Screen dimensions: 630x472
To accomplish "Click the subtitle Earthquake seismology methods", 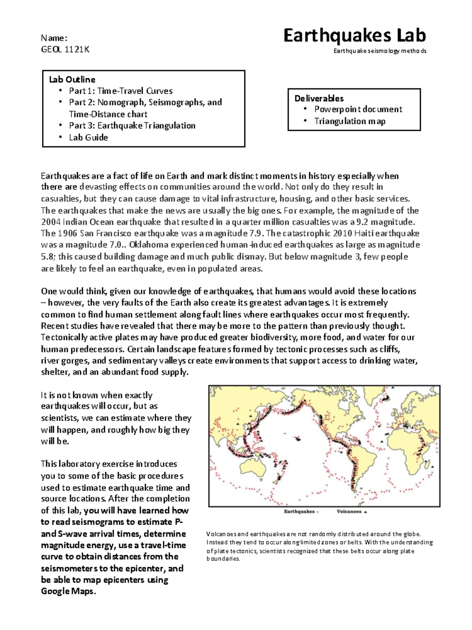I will (380, 51).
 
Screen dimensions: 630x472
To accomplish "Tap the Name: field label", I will (54, 38).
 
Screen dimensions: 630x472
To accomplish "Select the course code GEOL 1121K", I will (65, 49).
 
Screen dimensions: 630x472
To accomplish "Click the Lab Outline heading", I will (72, 80).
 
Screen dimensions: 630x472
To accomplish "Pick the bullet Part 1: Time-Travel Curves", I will (121, 91).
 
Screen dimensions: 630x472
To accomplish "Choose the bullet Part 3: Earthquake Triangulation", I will (132, 126).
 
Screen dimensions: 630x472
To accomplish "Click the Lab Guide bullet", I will (88, 137).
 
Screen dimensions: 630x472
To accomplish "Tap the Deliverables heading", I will (319, 98).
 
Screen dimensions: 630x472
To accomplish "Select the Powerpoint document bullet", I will (358, 109).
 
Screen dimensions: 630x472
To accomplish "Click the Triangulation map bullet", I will (350, 121).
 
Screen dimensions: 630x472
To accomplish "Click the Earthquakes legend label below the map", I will (299, 511).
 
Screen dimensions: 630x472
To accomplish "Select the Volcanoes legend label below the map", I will (349, 511).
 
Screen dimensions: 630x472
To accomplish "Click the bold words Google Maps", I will (68, 591).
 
